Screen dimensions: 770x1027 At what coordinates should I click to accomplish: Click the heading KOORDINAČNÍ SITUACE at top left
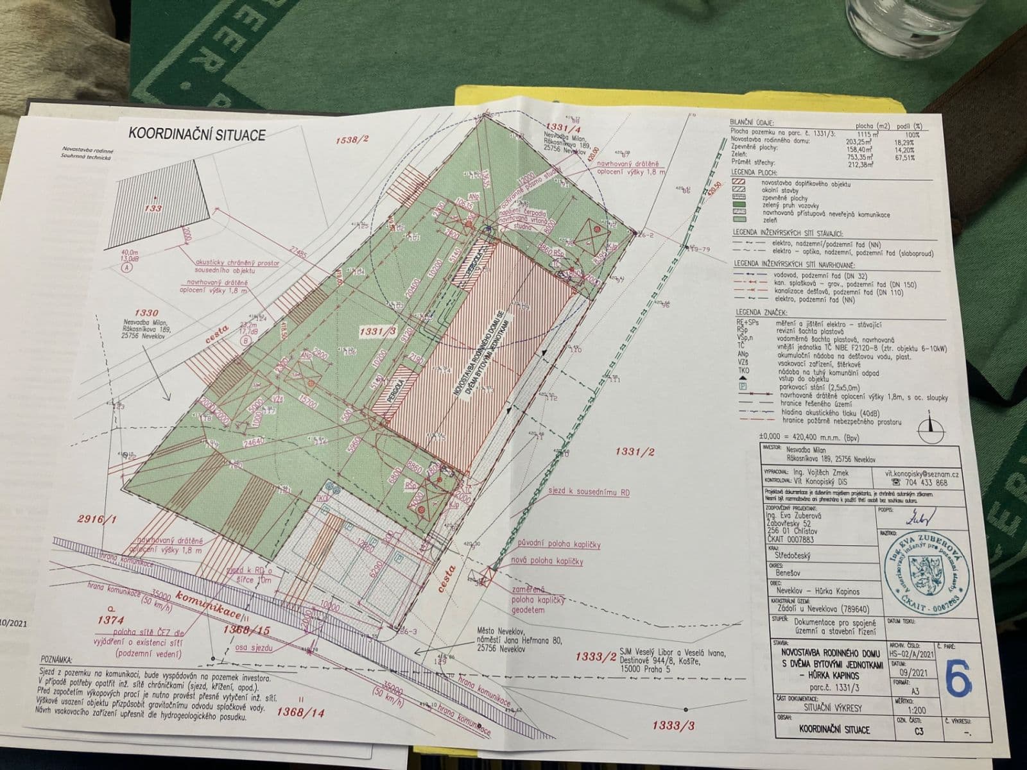188,134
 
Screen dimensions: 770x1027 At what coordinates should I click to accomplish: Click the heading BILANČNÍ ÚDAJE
752,122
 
